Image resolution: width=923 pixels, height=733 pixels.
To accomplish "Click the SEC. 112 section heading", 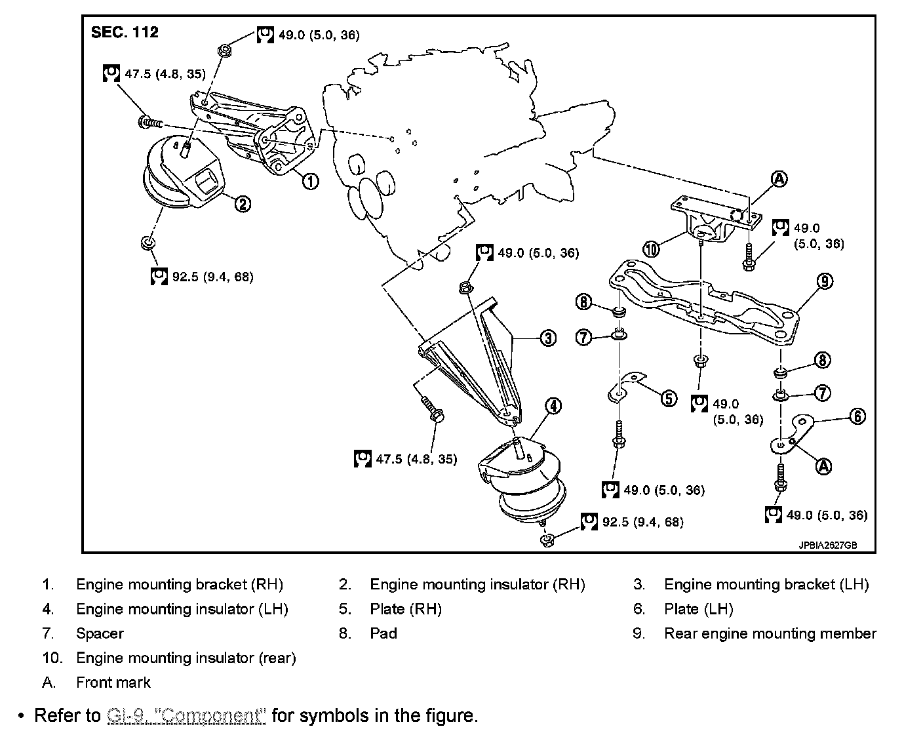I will (x=125, y=33).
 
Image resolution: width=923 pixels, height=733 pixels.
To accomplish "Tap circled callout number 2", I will (x=242, y=204).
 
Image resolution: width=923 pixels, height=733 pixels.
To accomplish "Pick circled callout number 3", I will (x=547, y=338).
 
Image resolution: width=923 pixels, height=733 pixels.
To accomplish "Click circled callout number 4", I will (x=553, y=406).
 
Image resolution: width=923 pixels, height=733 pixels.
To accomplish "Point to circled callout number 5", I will (x=668, y=398).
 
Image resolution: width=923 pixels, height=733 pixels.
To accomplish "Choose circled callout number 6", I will (x=857, y=416).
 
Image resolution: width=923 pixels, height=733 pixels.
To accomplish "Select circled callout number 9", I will (x=825, y=281).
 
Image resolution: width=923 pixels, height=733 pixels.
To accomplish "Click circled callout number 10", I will (x=650, y=248).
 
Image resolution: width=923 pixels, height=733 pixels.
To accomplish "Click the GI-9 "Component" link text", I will (x=186, y=715).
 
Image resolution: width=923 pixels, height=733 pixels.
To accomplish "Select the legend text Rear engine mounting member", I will (x=770, y=634).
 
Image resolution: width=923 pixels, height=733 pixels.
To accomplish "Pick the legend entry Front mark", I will (x=113, y=683).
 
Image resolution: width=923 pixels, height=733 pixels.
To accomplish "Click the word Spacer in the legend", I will (x=100, y=634).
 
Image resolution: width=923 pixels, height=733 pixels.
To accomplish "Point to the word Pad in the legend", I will (x=383, y=634).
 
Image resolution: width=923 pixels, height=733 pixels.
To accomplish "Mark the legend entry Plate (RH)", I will (x=406, y=609).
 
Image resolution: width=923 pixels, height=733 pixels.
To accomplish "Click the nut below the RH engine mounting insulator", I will (x=147, y=244).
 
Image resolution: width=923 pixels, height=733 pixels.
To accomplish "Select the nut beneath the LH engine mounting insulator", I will (x=545, y=540).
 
